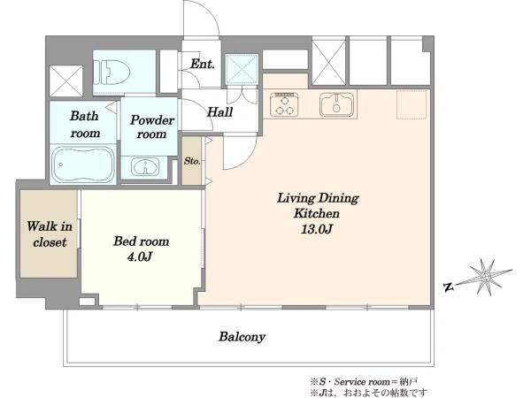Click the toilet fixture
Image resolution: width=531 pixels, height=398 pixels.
click(x=112, y=73)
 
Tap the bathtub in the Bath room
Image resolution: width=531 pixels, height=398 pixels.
click(x=83, y=165)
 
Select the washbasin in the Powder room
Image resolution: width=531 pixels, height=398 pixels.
click(x=145, y=167)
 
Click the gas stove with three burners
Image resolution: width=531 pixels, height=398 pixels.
click(x=284, y=103)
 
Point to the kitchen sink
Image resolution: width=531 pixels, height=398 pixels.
click(x=336, y=103)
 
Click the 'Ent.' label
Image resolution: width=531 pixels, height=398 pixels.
click(x=202, y=64)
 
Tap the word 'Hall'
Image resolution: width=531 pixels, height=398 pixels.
click(x=219, y=112)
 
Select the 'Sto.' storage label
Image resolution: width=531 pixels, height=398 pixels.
click(x=192, y=161)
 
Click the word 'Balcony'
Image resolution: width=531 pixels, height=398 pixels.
click(x=242, y=337)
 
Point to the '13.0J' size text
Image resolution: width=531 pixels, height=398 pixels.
click(x=316, y=229)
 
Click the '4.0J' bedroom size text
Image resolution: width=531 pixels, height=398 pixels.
click(x=140, y=256)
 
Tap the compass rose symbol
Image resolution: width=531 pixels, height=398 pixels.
click(x=486, y=277)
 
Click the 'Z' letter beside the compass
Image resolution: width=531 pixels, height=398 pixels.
click(x=449, y=287)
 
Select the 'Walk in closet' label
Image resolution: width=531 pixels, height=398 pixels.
click(x=50, y=234)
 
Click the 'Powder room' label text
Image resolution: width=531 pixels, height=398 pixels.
click(x=152, y=126)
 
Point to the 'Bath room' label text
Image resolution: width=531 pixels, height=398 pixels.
click(x=85, y=125)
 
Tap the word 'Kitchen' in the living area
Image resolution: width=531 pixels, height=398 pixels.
click(x=317, y=213)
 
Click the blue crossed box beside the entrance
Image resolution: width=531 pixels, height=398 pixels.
click(x=242, y=69)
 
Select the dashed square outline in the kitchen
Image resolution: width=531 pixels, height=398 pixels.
click(x=412, y=104)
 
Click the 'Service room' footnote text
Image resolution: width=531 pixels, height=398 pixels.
click(x=362, y=382)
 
